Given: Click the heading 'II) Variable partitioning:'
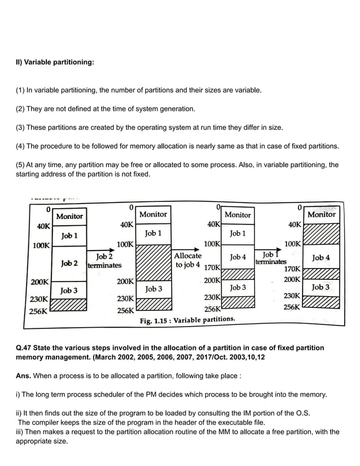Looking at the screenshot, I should (x=54, y=62).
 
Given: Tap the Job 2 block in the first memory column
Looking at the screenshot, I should (x=69, y=263).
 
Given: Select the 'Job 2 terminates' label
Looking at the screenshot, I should (x=104, y=261).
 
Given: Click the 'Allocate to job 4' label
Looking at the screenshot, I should (x=187, y=260).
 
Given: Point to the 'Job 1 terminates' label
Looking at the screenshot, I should (x=270, y=258).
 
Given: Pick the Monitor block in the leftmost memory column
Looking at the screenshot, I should (x=69, y=216).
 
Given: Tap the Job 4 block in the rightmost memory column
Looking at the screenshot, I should (x=321, y=258).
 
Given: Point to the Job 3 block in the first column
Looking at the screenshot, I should (x=69, y=290).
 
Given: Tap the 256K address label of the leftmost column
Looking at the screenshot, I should (x=39, y=311).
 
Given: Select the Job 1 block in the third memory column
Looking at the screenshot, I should (x=238, y=233).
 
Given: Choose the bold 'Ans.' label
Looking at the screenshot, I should (x=24, y=375).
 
